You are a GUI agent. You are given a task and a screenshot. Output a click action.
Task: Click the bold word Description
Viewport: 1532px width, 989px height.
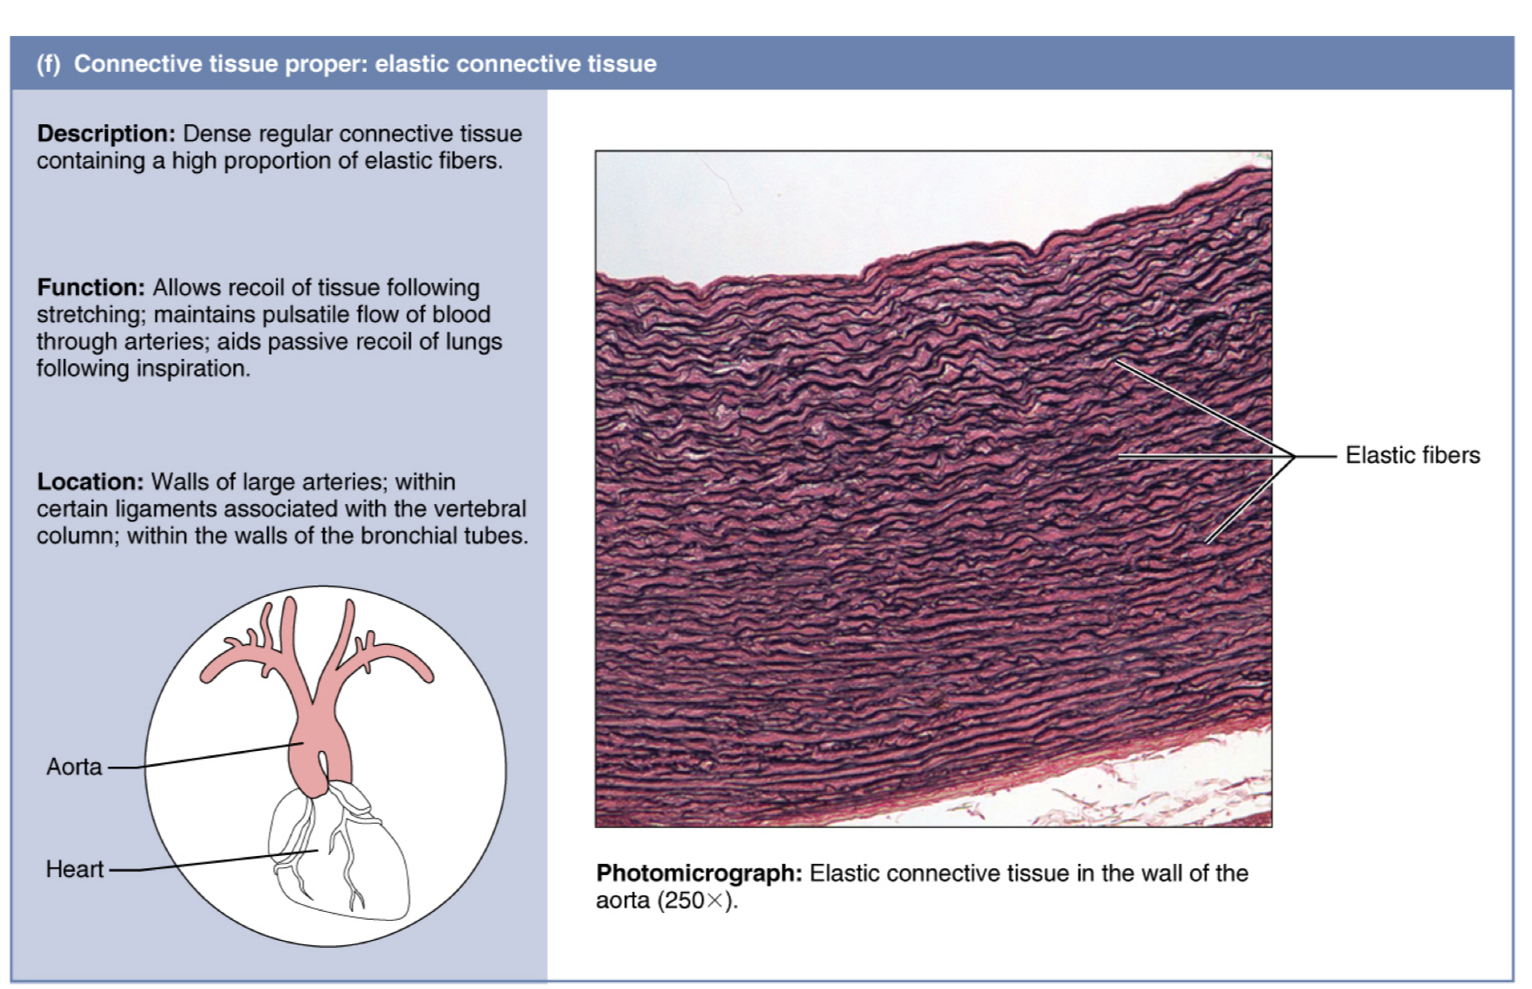coord(106,134)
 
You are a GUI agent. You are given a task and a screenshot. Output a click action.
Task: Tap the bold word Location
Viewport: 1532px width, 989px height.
coord(90,482)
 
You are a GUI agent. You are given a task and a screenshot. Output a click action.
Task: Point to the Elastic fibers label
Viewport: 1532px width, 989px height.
coord(1412,455)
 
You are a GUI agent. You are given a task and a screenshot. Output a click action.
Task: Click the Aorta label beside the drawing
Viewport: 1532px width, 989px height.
coord(74,767)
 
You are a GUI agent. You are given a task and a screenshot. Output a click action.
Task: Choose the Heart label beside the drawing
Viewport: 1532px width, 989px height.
coord(74,869)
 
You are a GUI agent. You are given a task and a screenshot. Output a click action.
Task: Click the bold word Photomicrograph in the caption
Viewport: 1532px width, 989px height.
coord(699,873)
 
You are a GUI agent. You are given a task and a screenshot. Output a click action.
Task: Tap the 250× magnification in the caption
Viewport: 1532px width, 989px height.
coord(698,901)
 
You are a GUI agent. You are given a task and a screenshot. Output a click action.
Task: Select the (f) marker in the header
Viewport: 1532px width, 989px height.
coord(49,64)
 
